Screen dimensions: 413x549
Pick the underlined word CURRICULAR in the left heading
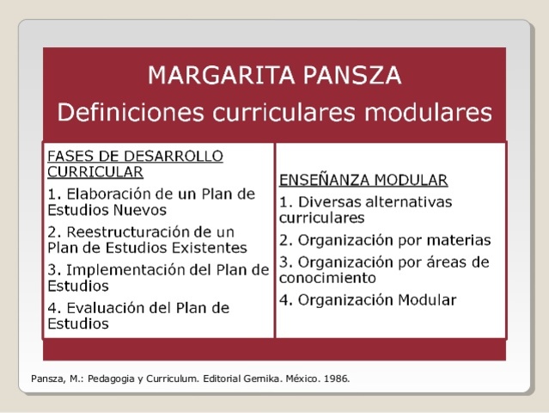tap(95, 171)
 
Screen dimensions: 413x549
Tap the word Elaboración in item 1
tap(107, 192)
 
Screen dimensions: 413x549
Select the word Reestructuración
tap(131, 231)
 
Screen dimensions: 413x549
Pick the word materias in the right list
tap(460, 239)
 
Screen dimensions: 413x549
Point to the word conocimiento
tap(327, 278)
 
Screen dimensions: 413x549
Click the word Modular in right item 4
tap(427, 299)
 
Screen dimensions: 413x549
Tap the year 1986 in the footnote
tap(336, 378)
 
